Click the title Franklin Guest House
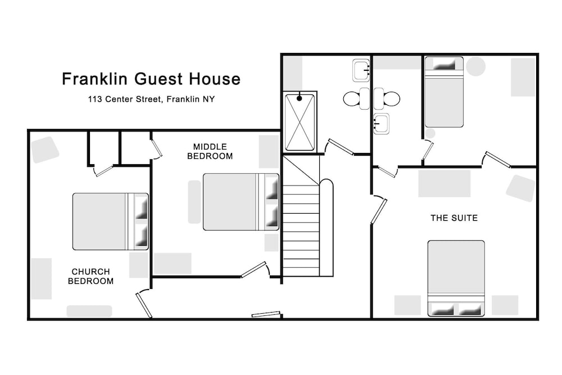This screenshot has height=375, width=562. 151,79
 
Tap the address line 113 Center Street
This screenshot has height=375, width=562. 125,100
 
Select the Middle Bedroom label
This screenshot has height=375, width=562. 210,151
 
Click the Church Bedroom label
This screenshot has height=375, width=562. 90,277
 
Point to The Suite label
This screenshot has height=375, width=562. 454,218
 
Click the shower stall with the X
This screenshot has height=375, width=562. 300,122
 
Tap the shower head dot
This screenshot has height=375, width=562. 300,98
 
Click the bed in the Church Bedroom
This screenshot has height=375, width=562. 110,222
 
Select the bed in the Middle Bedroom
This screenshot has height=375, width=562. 241,202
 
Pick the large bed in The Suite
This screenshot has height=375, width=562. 456,278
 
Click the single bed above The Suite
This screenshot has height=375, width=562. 444,92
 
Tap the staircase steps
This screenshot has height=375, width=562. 301,230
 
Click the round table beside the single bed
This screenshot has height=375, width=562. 475,66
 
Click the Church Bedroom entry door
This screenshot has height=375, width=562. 143,304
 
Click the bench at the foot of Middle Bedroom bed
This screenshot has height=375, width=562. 194,202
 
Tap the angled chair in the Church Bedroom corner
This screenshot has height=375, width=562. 45,150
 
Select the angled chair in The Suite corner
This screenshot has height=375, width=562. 520,188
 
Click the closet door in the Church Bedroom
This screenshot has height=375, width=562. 103,171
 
